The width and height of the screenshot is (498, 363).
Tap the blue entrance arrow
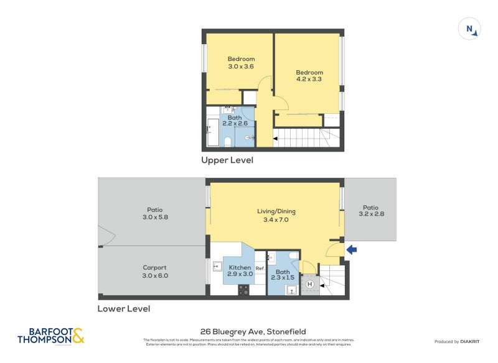point(351,250)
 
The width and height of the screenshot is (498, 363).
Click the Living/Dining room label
point(276,216)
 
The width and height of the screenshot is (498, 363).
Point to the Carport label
point(154,272)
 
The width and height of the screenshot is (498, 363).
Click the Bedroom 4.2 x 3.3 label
point(309,76)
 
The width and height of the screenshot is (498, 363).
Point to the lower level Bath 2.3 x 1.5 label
point(283,275)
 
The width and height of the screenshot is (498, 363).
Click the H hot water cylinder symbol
point(309,285)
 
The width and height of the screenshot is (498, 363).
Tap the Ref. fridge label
point(260,269)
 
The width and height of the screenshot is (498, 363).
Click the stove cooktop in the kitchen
point(243,290)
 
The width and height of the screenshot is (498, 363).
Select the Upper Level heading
point(227,160)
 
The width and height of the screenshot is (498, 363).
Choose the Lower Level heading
point(123,308)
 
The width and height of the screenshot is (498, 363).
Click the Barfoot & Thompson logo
point(50,336)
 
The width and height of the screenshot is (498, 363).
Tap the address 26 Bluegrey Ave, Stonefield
point(253,331)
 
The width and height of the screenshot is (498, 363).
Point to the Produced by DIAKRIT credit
point(456,342)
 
